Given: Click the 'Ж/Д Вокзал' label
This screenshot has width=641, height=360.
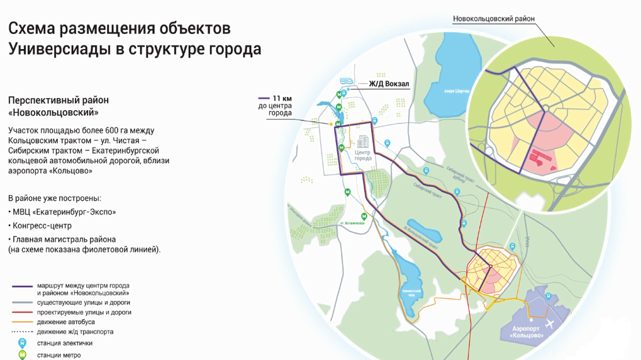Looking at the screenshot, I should [389, 84].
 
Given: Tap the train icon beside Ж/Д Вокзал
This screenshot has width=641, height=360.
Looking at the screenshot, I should [346, 81].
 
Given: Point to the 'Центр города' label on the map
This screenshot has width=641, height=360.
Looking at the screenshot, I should [363, 155].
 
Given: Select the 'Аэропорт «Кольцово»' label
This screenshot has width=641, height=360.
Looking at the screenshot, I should [527, 333].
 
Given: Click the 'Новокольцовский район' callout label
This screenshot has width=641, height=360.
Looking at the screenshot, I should [493, 19].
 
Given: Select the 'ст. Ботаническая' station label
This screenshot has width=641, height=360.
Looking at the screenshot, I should [352, 223].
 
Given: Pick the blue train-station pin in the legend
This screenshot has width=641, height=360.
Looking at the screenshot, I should [22, 343].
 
